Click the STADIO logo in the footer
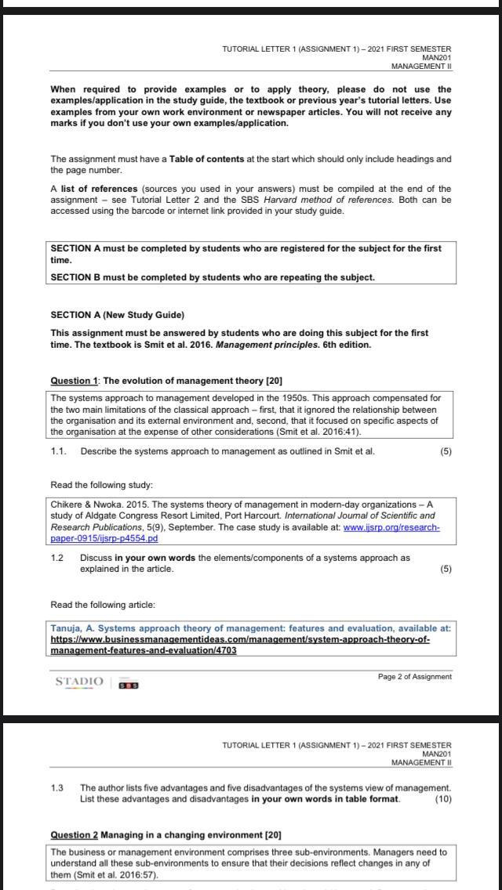(78, 682)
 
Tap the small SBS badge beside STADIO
(129, 685)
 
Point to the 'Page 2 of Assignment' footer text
(414, 676)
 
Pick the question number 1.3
(56, 787)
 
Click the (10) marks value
(442, 799)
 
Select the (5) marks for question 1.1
(446, 451)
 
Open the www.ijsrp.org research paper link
(391, 528)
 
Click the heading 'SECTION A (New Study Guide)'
(117, 315)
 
